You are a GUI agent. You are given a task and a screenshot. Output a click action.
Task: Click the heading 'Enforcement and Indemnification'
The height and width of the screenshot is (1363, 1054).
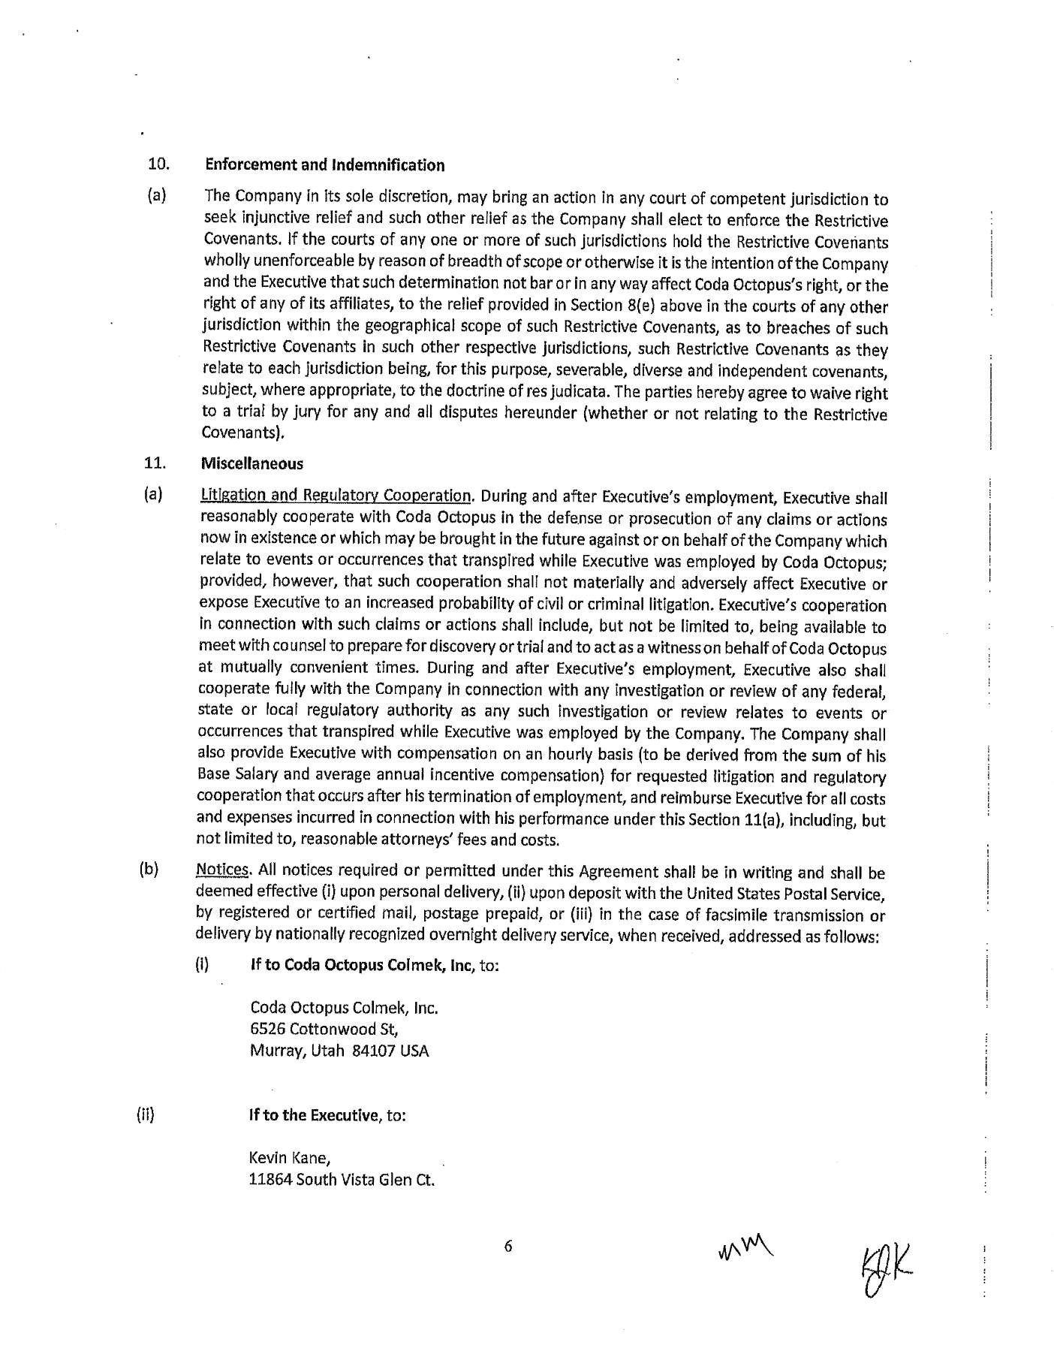point(324,165)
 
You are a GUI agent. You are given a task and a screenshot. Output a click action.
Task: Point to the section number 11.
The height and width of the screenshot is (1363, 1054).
point(155,463)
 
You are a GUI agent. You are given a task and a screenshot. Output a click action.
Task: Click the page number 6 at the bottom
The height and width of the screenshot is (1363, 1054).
point(507,1247)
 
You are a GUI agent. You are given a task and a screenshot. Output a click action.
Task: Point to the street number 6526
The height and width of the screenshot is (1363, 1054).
point(268,1029)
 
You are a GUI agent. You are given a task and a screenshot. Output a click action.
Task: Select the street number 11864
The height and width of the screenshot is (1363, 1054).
point(270,1180)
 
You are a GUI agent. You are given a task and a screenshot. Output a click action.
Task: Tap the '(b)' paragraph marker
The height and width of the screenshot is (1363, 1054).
point(149,870)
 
